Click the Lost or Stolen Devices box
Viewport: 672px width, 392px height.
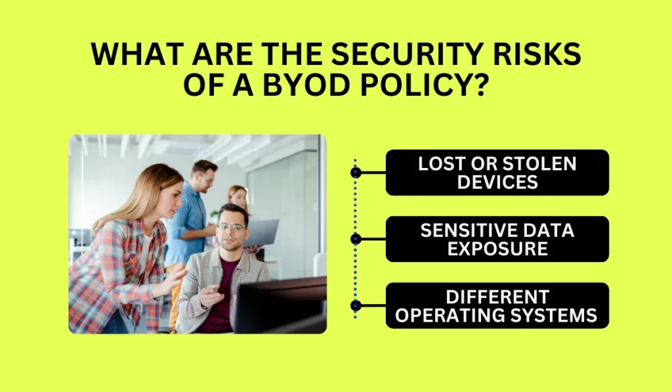click(x=497, y=173)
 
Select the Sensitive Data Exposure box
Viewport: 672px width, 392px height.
click(x=497, y=239)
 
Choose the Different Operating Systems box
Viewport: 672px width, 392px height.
click(x=497, y=305)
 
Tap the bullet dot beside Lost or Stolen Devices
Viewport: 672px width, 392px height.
click(x=356, y=173)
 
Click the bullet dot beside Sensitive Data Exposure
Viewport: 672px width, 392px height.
click(x=356, y=239)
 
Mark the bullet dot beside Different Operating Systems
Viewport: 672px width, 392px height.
click(x=356, y=305)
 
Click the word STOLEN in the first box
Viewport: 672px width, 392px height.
click(x=539, y=163)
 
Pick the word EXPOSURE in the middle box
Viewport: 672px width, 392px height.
click(x=497, y=248)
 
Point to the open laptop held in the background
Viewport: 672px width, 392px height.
click(x=261, y=232)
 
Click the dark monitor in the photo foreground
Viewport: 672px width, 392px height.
click(x=281, y=305)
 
